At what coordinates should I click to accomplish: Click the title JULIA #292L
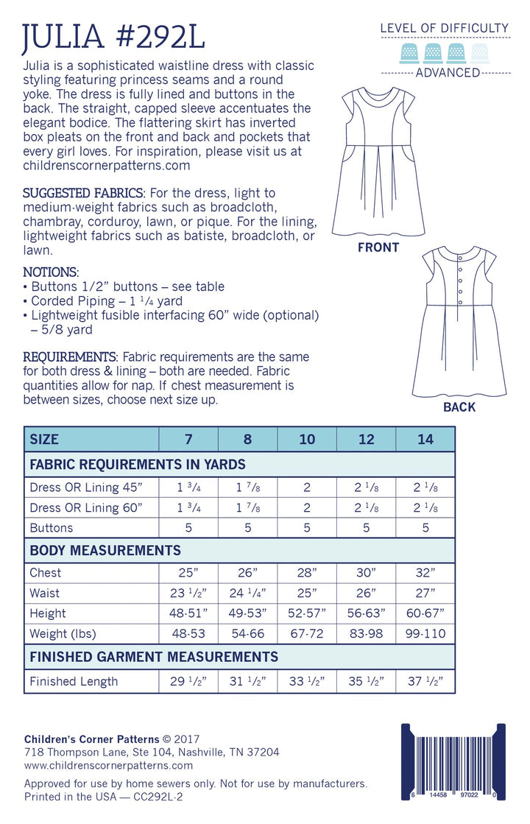[114, 36]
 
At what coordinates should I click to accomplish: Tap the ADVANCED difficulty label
[448, 73]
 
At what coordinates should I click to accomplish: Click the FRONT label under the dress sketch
[378, 247]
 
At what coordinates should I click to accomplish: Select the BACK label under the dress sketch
[459, 407]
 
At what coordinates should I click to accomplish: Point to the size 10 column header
[307, 440]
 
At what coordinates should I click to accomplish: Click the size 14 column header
[425, 440]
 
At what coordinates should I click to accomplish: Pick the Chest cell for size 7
[188, 573]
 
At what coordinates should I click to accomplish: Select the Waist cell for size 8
[247, 593]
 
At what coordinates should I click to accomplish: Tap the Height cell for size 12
[366, 613]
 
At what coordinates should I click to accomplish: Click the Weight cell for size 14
[425, 634]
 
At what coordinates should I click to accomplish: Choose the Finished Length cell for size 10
[307, 681]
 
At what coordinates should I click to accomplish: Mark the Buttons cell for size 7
[188, 528]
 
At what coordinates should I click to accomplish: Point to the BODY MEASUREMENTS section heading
[105, 550]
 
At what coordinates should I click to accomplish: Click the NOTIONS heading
[51, 272]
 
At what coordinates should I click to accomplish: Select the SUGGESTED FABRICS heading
[84, 193]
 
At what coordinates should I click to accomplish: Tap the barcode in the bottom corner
[453, 762]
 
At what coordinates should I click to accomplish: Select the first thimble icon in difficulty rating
[407, 52]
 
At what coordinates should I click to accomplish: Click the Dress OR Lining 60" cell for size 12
[366, 507]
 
